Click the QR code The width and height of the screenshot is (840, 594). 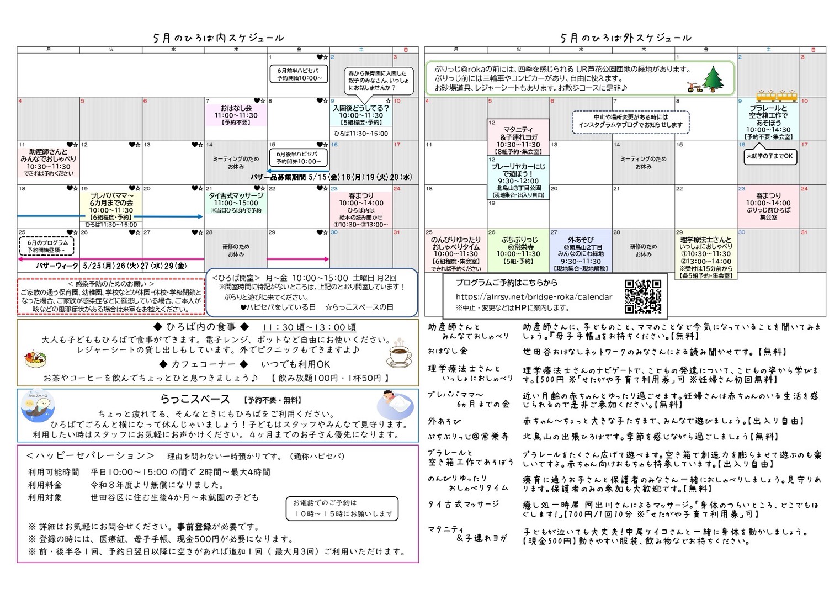(x=642, y=297)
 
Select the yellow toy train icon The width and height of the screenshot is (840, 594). (x=776, y=95)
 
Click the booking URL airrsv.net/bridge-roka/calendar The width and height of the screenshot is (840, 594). (x=534, y=296)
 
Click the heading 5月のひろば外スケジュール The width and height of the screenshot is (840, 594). (x=625, y=38)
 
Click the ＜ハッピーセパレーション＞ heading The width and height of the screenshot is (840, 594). (x=91, y=456)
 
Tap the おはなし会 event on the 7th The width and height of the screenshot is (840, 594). (x=236, y=115)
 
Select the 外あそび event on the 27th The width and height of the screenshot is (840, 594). (x=580, y=251)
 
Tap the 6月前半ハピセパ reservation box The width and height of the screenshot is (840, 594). (x=298, y=74)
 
